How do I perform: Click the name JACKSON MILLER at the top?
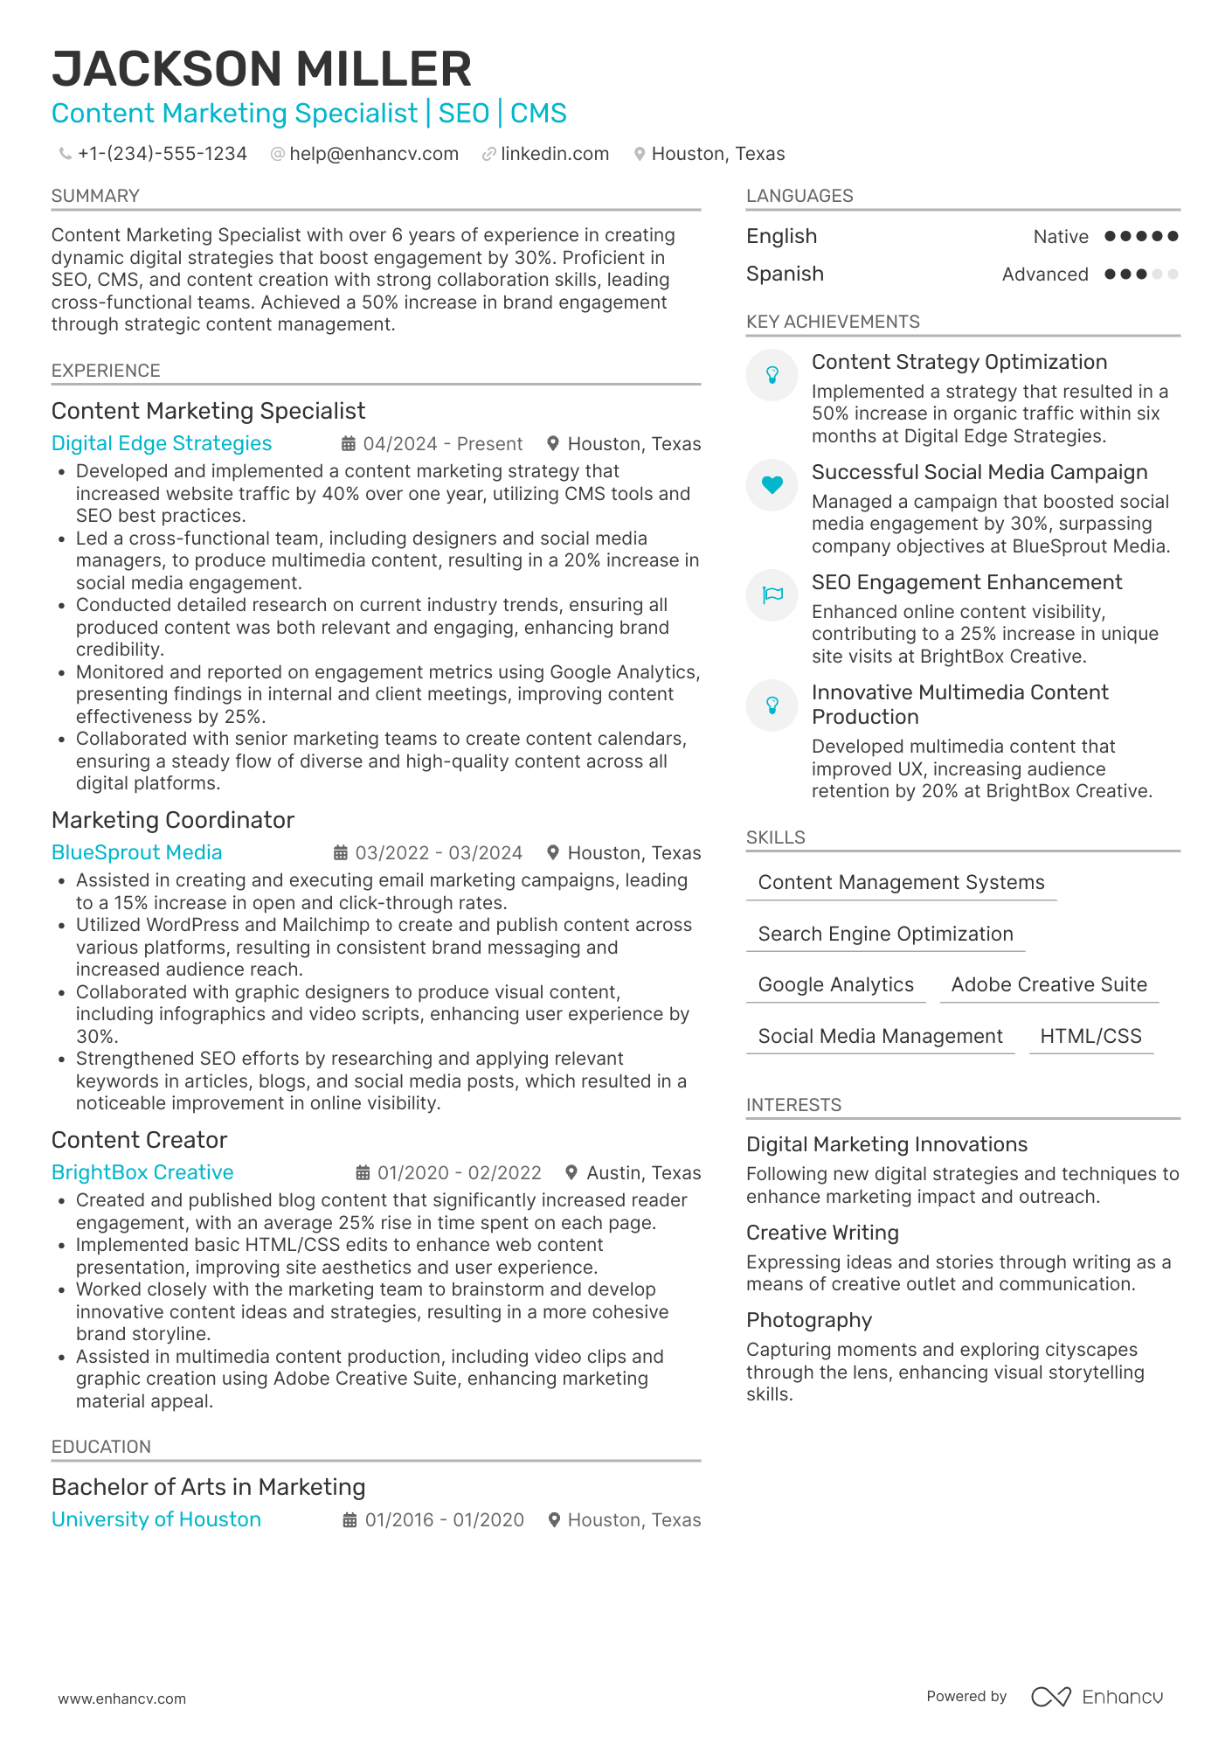pos(261,69)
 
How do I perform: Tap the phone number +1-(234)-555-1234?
pos(162,154)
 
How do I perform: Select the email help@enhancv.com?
pos(373,154)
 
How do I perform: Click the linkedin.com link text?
pos(554,154)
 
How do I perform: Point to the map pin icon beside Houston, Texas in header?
pos(640,154)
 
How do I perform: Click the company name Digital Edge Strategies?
pos(162,443)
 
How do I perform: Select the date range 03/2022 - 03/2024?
pos(439,852)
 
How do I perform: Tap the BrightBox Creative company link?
pos(142,1172)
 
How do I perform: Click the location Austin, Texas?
pos(643,1173)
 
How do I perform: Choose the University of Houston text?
pos(156,1519)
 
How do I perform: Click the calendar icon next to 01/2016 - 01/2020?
pos(350,1520)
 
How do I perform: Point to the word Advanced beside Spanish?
pos(1044,274)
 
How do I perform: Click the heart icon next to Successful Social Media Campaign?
pos(772,484)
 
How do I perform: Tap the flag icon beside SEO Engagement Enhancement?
pos(772,595)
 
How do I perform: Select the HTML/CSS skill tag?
pos(1090,1036)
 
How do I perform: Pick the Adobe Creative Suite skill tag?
pos(1049,984)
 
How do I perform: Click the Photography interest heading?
pos(809,1320)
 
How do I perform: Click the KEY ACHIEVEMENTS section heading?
pos(833,322)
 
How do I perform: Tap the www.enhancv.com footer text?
pos(122,1699)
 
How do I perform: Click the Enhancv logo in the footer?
pos(1097,1697)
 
